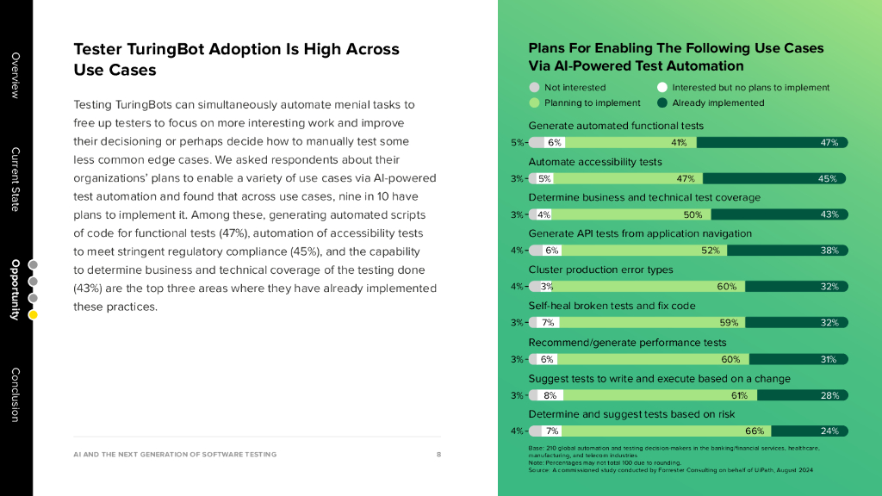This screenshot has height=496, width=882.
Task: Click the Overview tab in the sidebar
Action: (15, 76)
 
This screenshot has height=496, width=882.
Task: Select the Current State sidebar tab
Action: (15, 179)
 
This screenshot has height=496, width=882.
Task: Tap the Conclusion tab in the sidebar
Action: (15, 394)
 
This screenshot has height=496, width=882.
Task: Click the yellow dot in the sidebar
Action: (33, 315)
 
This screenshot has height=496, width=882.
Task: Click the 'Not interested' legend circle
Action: (534, 87)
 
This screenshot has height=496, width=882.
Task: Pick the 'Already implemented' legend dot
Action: (661, 102)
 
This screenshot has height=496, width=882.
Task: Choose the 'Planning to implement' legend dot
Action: (534, 102)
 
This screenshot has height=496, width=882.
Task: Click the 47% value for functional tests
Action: (829, 143)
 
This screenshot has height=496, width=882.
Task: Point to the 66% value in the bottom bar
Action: (755, 431)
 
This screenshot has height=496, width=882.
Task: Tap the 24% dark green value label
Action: (829, 431)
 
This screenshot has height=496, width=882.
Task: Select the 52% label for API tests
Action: (711, 251)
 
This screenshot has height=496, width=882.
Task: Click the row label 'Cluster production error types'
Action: (600, 270)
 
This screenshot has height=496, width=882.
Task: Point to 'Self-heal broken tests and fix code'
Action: (612, 306)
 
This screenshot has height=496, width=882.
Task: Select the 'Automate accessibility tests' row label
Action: (595, 161)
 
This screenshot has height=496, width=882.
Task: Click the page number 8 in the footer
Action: (438, 454)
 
